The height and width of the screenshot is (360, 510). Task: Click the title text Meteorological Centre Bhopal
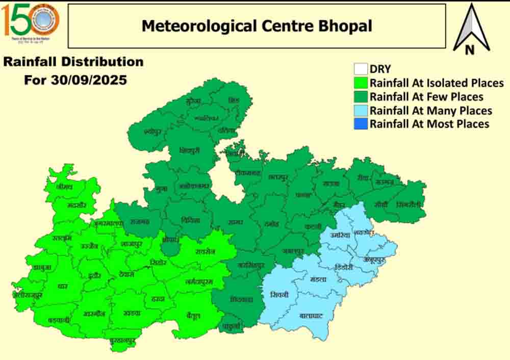click(257, 25)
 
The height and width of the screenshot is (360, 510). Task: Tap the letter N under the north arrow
click(470, 49)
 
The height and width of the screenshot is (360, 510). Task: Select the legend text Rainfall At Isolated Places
click(437, 83)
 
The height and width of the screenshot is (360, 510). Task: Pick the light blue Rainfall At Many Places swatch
click(361, 111)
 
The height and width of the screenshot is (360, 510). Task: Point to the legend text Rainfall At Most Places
click(429, 124)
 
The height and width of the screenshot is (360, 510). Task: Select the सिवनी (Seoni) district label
click(279, 295)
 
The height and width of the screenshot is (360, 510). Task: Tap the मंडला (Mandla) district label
click(318, 280)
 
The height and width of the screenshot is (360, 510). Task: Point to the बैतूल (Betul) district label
click(193, 316)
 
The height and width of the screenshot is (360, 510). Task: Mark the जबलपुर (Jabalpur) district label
click(293, 251)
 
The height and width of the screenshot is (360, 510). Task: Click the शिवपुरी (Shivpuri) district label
click(190, 150)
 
